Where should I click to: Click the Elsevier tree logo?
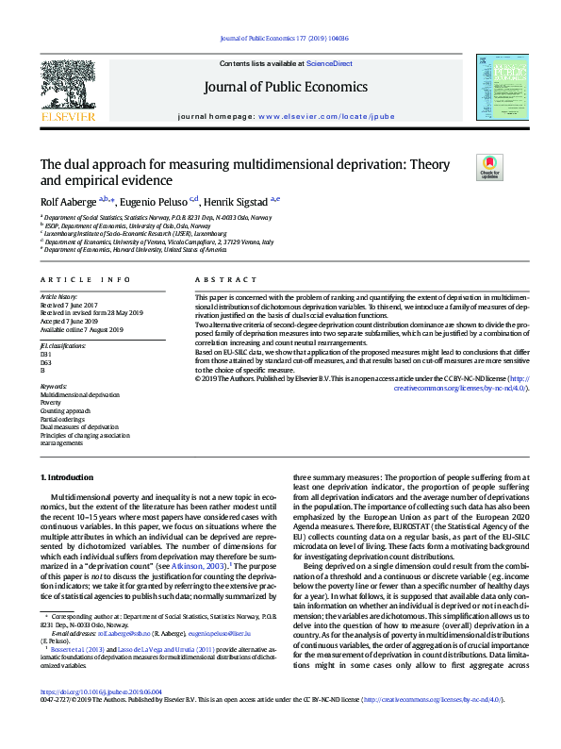(67, 88)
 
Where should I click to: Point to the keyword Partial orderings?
(65, 420)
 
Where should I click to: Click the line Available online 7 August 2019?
(81, 329)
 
